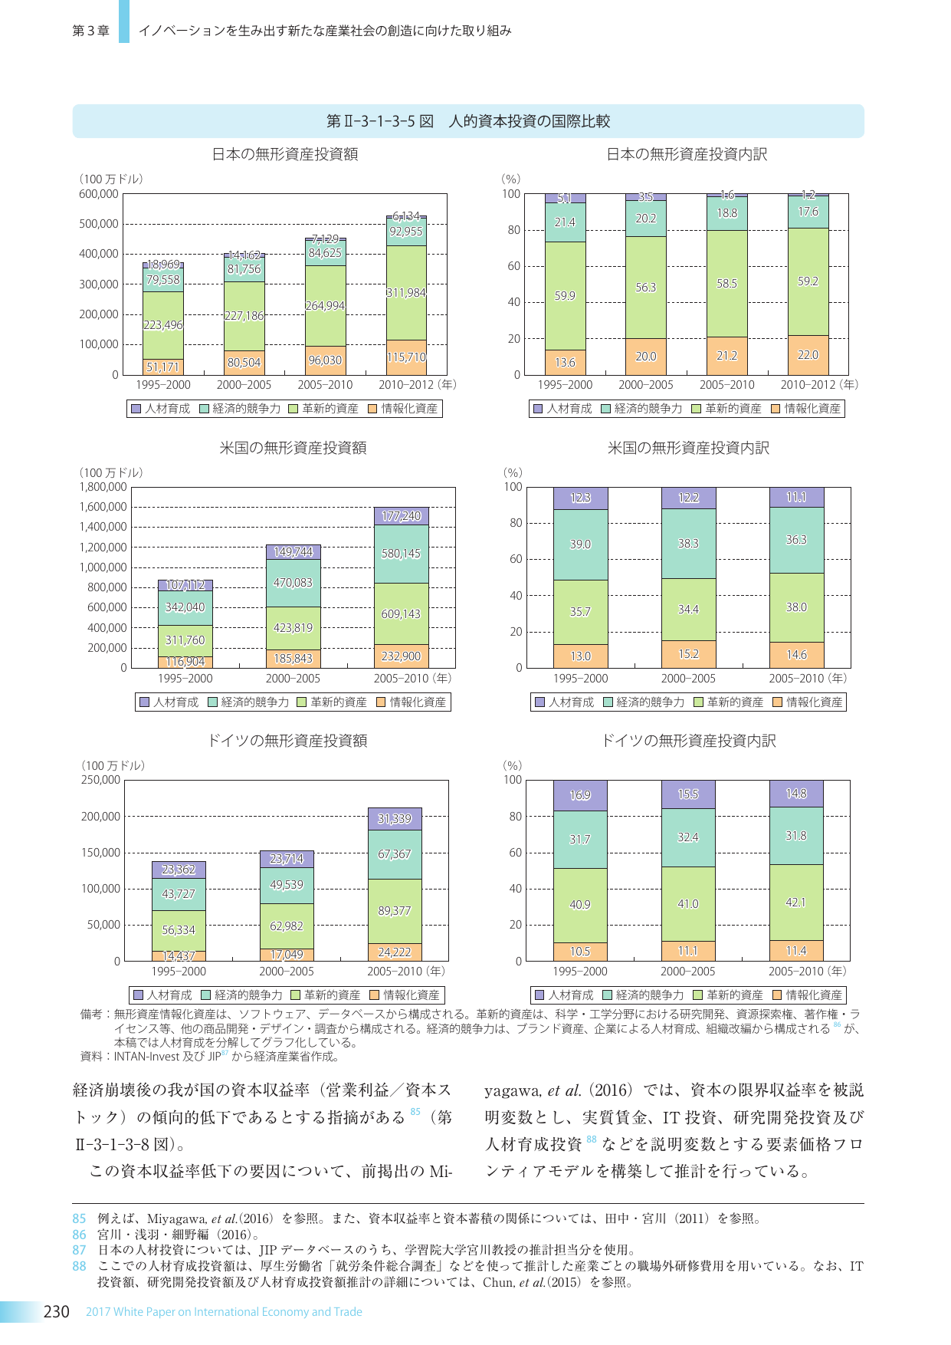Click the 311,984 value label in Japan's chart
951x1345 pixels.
pos(406,293)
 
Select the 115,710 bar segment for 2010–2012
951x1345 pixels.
pos(406,357)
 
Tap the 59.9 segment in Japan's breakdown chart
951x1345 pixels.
pos(565,296)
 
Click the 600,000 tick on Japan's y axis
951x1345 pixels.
pos(99,194)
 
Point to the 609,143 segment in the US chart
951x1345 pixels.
pos(401,613)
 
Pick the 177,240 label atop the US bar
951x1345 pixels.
pos(401,516)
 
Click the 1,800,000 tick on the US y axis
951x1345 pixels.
pos(103,487)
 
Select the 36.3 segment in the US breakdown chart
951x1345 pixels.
pos(796,540)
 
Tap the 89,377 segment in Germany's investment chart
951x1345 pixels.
pos(395,911)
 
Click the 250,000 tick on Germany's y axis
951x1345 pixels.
pos(101,780)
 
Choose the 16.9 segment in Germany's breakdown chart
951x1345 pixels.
pos(580,795)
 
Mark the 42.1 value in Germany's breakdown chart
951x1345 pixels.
pos(796,903)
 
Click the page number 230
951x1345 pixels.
pos(57,1312)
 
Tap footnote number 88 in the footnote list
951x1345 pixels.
pos(80,1266)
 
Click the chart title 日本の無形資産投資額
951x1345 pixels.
pos(285,154)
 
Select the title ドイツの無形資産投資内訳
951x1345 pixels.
pos(688,741)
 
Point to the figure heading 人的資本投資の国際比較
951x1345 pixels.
pos(530,121)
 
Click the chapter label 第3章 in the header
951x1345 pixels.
pos(91,31)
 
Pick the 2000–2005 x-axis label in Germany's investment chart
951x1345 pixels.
pos(287,972)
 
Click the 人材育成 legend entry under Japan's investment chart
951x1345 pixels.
pos(161,409)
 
